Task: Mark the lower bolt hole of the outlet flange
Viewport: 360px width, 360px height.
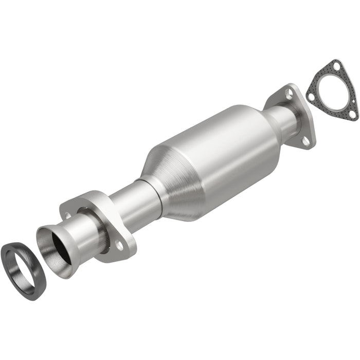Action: [x=307, y=138]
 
